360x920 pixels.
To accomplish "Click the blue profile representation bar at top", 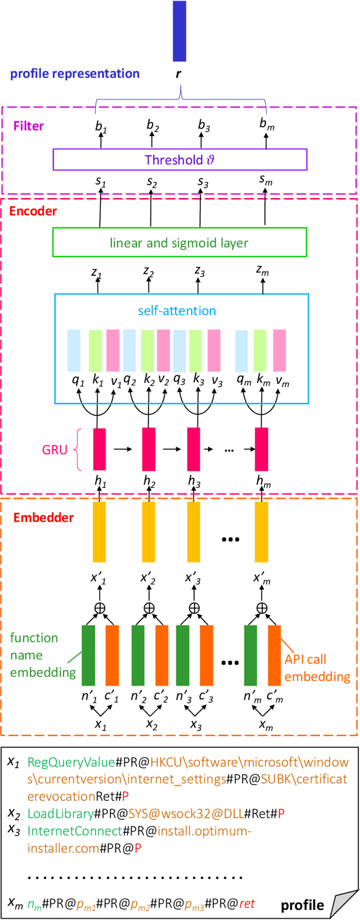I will [x=179, y=31].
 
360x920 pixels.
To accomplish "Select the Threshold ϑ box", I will [x=179, y=159].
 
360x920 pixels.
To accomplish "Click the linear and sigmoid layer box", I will [x=179, y=243].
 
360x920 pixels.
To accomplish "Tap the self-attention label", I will [x=177, y=311].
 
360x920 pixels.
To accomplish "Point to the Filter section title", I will [x=29, y=125].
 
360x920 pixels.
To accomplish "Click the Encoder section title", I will [x=33, y=211].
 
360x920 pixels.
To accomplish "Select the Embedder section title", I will [x=43, y=517].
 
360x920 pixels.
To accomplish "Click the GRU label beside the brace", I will [x=55, y=450].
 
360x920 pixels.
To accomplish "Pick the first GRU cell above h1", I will [x=99, y=449].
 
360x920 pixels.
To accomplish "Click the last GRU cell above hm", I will [x=262, y=449].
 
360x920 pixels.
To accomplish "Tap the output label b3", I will [x=204, y=125].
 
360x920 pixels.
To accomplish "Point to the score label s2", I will [x=152, y=182].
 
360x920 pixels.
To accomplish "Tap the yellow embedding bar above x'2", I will [x=148, y=532].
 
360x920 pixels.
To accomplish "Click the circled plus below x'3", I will [x=194, y=608].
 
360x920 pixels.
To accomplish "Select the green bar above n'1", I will [x=88, y=655].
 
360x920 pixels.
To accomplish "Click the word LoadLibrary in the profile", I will [x=60, y=813].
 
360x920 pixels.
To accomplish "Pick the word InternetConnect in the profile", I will [x=75, y=831].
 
